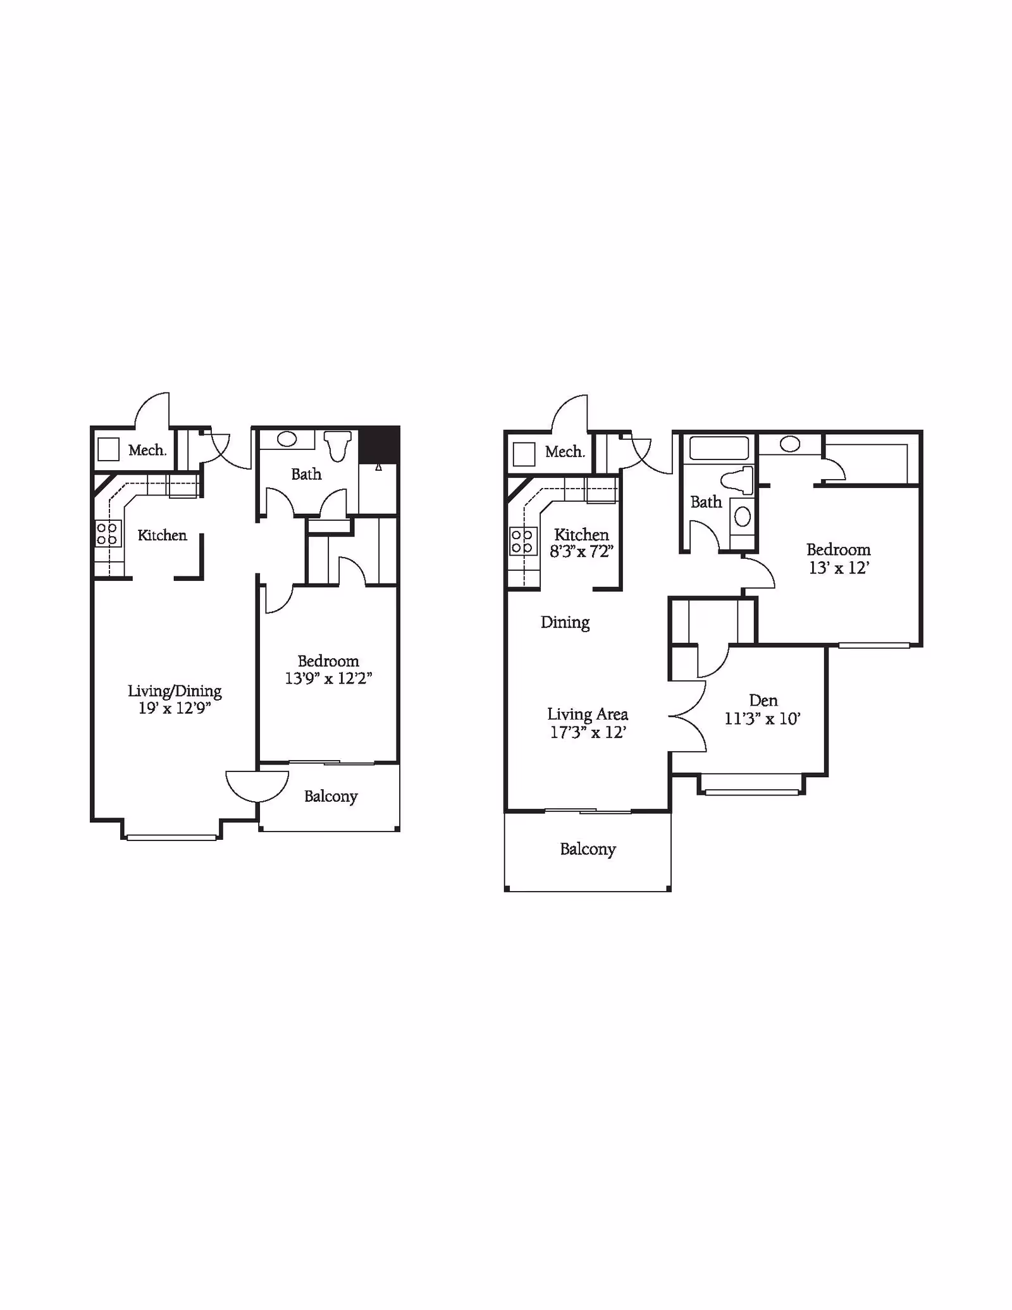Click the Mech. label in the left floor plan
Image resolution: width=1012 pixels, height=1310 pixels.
click(x=147, y=450)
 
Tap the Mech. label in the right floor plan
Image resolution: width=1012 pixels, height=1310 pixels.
click(x=564, y=452)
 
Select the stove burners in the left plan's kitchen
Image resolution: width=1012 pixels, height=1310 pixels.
click(x=107, y=533)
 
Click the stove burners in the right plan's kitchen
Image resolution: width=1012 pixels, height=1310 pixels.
click(x=522, y=541)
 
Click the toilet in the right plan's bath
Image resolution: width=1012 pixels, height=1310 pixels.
click(x=739, y=480)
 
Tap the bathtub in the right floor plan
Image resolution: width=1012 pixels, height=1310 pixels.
click(x=719, y=448)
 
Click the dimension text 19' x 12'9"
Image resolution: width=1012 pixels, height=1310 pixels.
click(x=175, y=708)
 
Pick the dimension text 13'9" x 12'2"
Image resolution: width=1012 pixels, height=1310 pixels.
click(x=328, y=678)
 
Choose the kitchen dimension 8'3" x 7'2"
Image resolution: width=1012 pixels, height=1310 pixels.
click(x=581, y=551)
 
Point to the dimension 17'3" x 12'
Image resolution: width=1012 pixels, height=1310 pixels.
click(x=588, y=732)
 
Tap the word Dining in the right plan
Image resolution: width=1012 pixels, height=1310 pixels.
click(x=565, y=623)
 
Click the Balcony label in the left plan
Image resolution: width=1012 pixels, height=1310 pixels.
click(x=331, y=796)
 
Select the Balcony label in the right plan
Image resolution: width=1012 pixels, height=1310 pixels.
click(x=588, y=849)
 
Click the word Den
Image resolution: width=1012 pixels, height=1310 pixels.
click(x=763, y=701)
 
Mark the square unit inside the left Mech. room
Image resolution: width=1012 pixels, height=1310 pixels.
click(x=108, y=449)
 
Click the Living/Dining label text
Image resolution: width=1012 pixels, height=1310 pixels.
click(x=175, y=690)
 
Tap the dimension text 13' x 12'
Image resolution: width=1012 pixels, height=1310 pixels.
click(x=839, y=568)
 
